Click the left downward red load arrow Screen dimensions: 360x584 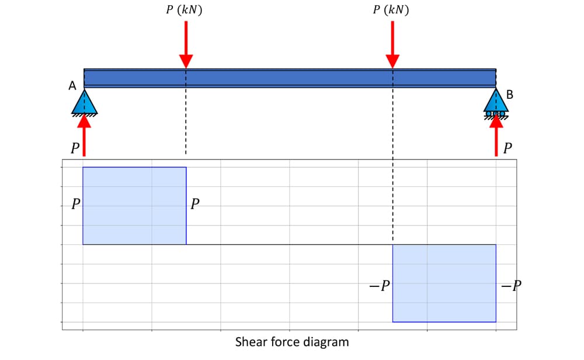(x=186, y=44)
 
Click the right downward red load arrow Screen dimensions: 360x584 (x=392, y=44)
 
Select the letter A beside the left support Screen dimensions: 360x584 (x=72, y=86)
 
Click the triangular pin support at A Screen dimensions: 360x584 (x=84, y=102)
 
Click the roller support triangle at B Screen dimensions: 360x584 (x=496, y=102)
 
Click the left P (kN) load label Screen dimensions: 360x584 (x=185, y=10)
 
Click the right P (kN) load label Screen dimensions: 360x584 (x=391, y=10)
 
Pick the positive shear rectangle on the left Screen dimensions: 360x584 (x=134, y=206)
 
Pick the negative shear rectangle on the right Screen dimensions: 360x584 (x=444, y=283)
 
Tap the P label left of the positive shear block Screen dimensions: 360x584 (x=75, y=205)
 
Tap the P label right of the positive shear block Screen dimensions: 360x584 (x=194, y=205)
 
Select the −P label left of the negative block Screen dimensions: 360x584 (x=380, y=286)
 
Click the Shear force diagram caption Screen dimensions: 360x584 (x=291, y=342)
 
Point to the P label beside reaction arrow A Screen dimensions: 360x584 (x=74, y=148)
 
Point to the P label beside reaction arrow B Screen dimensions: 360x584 (x=507, y=148)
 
